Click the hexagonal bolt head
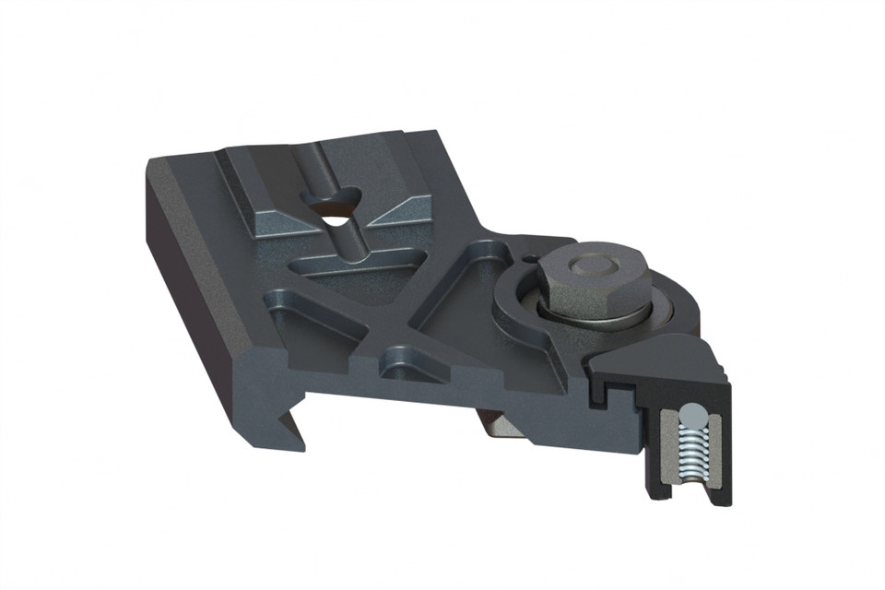click(x=591, y=286)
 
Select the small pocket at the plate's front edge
click(x=406, y=360)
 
